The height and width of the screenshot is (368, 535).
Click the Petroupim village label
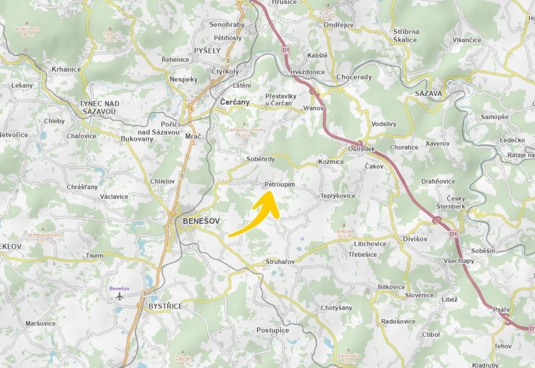[279, 184]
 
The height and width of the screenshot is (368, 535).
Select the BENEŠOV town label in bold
[201, 221]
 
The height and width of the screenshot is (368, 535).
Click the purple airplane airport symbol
[120, 296]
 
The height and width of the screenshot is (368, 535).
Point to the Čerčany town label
[235, 102]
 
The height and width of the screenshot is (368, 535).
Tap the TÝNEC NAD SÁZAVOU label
[99, 107]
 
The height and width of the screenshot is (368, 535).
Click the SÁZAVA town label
[428, 93]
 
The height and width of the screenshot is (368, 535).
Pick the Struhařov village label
[280, 261]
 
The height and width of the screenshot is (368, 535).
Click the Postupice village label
[273, 330]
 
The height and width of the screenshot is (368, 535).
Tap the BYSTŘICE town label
[165, 306]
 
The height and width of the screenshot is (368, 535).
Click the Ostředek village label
[361, 150]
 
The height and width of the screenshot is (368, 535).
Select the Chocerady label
[354, 77]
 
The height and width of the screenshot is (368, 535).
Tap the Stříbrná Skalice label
[406, 35]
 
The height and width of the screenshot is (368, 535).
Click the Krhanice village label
[66, 69]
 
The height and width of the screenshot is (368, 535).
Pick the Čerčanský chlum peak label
[245, 132]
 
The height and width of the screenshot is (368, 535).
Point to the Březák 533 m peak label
[344, 234]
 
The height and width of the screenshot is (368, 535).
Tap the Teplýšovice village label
[338, 195]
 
